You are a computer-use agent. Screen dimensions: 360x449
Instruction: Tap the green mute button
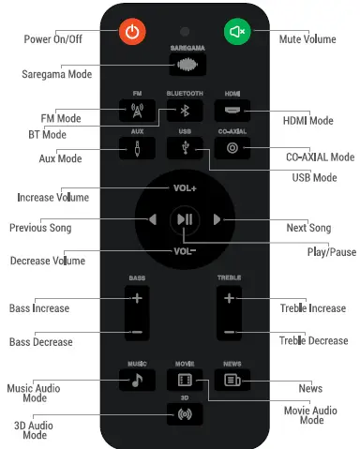coord(236,31)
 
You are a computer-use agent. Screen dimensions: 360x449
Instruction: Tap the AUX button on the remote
coord(137,147)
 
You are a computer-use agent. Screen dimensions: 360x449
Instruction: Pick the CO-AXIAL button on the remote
coord(232,147)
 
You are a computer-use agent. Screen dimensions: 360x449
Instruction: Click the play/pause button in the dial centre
coord(184,219)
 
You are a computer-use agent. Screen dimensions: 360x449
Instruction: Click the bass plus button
coord(137,298)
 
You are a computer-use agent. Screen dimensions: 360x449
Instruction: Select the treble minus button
coord(229,333)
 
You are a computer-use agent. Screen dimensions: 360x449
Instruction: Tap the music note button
coord(137,380)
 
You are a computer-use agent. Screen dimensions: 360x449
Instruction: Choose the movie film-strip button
coord(184,380)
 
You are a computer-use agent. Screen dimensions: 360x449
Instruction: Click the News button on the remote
coord(231,380)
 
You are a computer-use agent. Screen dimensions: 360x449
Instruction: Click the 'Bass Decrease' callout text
coord(40,342)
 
